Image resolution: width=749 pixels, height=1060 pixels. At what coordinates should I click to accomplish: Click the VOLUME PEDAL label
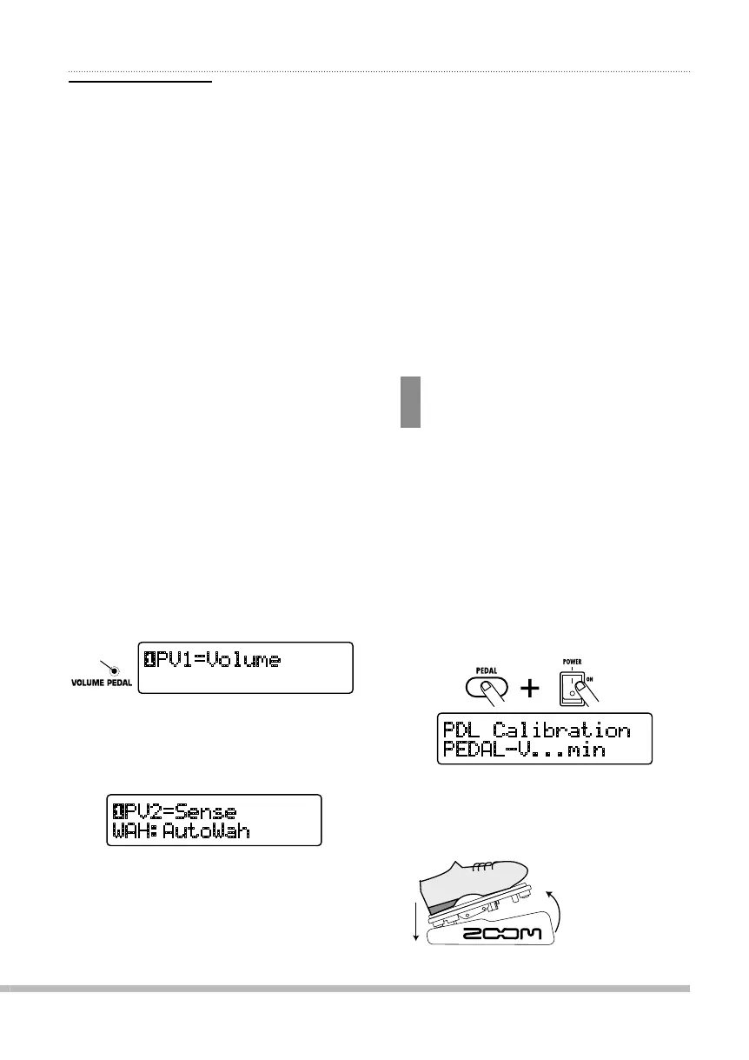pos(102,683)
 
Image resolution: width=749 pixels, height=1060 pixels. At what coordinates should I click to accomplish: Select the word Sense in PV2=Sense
pos(206,812)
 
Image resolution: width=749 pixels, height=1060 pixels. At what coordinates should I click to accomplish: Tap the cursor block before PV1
pos(149,660)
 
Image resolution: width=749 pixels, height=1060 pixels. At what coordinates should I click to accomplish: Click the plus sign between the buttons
pos(529,690)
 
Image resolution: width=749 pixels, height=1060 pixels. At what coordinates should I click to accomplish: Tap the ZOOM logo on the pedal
pos(503,934)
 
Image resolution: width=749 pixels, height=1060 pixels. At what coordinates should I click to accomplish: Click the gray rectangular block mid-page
pos(410,402)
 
